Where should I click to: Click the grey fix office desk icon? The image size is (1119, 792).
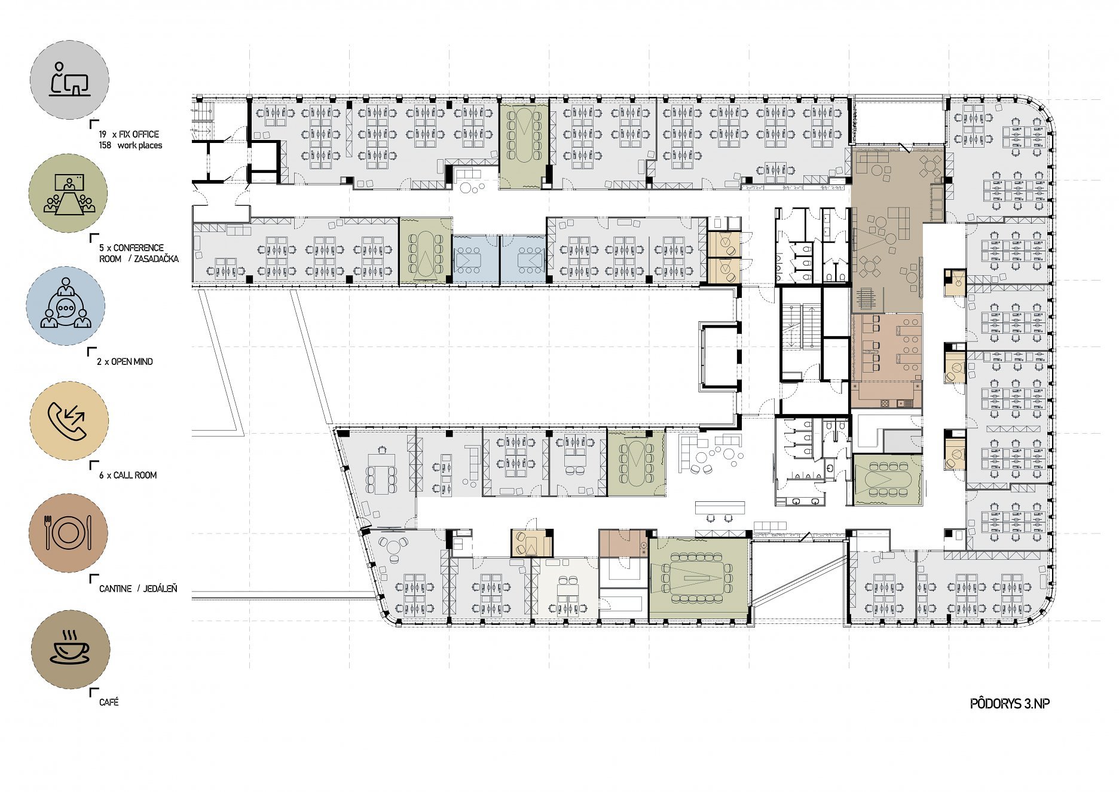69,80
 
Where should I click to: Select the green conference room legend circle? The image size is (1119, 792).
68,193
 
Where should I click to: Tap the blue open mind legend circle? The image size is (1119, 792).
66,306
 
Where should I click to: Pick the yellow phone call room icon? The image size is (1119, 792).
69,421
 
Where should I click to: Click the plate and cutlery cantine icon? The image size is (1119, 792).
68,533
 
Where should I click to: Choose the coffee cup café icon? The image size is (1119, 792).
71,650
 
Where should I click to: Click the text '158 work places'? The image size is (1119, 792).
130,145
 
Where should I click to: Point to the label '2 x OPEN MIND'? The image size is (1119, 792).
125,361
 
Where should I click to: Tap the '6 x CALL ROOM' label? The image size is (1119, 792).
128,475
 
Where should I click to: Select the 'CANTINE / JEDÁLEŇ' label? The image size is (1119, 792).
138,589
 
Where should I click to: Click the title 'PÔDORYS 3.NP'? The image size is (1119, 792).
1010,703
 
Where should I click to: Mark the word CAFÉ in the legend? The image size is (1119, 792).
109,702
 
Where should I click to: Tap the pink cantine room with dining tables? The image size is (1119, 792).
886,347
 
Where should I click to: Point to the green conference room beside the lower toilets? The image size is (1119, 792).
887,480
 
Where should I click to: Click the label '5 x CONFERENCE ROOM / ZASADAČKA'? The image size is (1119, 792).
139,253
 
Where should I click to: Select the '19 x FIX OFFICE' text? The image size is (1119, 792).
129,135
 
